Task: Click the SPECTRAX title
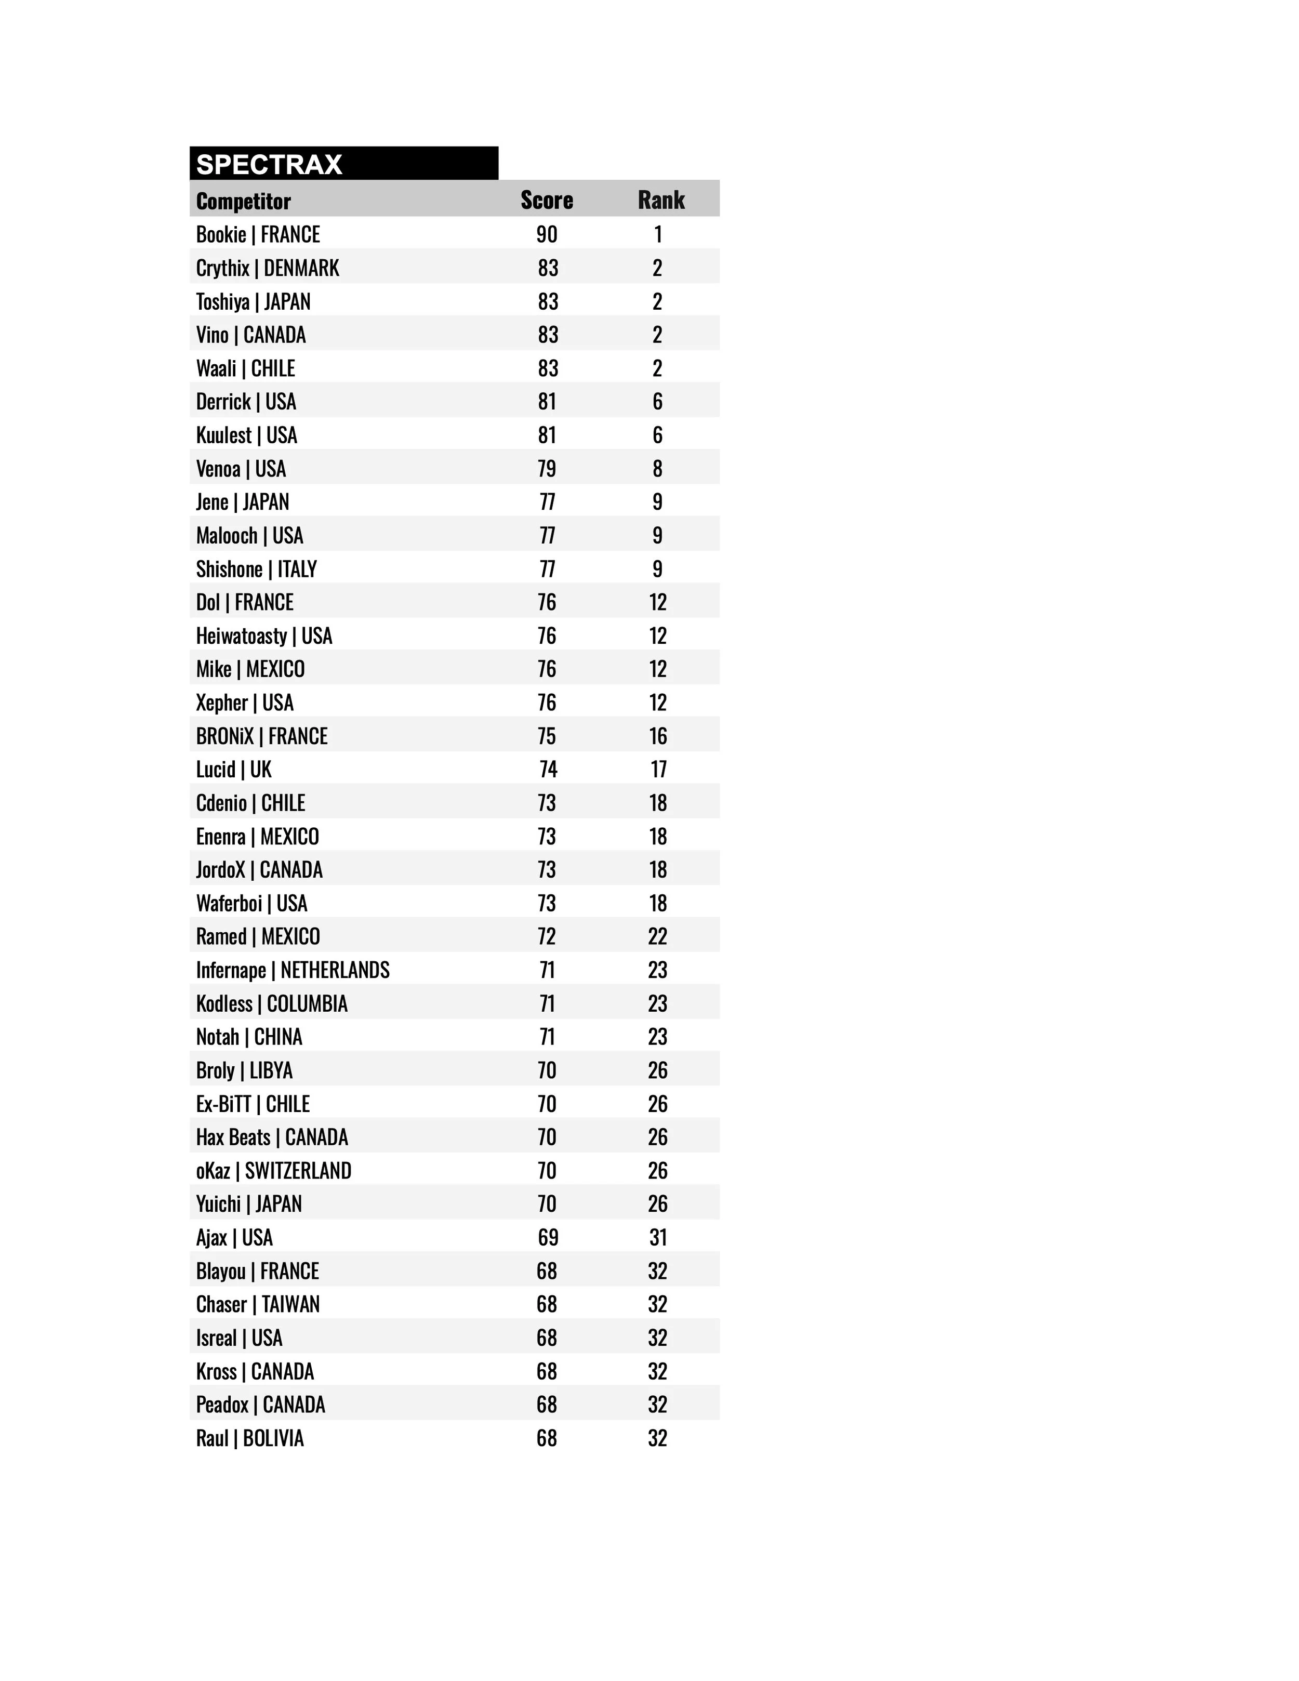point(269,165)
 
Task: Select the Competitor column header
point(243,202)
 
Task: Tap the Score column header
point(547,200)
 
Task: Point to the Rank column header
point(660,200)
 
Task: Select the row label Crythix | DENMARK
point(267,268)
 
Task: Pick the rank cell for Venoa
point(657,469)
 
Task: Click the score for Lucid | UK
point(547,770)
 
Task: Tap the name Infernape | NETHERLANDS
point(293,970)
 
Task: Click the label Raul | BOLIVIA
point(249,1438)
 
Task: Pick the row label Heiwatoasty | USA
point(264,636)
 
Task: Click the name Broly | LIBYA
point(244,1070)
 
